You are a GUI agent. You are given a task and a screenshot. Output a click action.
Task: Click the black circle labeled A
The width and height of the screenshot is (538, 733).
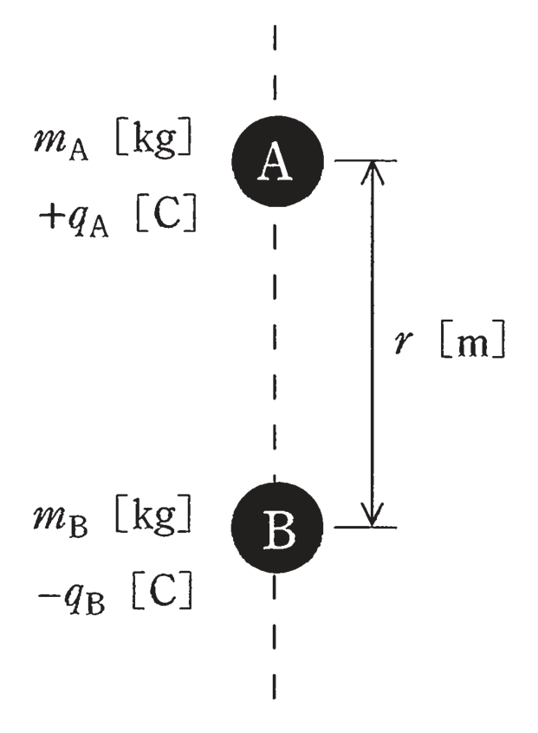pos(277,161)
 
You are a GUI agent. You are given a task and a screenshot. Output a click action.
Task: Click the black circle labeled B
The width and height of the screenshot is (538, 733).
pos(277,528)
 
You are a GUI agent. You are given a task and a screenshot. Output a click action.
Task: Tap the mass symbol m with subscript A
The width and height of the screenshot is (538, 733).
pos(61,142)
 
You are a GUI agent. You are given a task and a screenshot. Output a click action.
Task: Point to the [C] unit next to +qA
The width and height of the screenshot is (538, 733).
pos(166,214)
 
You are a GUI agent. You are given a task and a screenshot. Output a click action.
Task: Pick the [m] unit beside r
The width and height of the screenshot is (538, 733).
pos(472,340)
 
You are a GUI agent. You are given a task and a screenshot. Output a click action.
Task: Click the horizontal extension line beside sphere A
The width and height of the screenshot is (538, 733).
pos(366,161)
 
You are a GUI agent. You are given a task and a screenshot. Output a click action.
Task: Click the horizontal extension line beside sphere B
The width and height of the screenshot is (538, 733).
pos(366,528)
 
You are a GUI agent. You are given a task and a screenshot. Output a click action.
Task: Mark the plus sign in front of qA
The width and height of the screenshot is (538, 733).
pos(49,217)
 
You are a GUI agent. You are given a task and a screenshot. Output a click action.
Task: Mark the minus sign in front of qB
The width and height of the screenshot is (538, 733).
pos(48,595)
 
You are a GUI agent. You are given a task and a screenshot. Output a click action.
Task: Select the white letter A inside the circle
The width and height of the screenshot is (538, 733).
pos(275,162)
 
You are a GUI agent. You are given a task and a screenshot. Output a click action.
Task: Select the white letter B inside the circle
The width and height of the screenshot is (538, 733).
pos(279,529)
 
